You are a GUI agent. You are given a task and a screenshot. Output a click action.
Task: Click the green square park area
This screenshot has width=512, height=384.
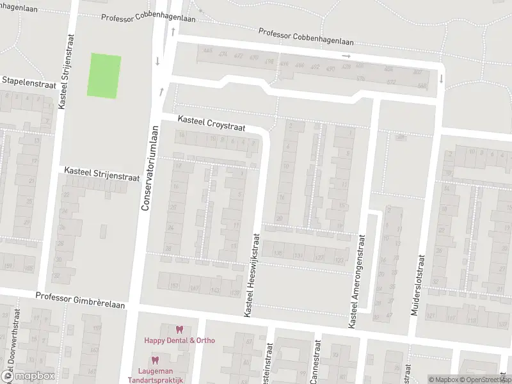tap(104, 76)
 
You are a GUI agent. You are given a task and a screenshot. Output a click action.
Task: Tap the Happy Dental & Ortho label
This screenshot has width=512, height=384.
tap(179, 340)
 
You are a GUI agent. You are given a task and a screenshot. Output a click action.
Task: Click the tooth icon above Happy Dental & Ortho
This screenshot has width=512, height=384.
tap(179, 330)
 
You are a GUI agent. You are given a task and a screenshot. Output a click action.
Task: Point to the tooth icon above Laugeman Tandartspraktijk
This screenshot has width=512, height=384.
tap(154, 360)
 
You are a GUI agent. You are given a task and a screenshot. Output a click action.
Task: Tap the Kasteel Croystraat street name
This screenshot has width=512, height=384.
tap(211, 123)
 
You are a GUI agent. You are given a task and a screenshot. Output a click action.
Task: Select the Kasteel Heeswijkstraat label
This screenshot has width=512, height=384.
tap(250, 273)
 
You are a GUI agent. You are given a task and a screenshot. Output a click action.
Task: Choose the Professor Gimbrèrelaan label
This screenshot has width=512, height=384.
tap(80, 297)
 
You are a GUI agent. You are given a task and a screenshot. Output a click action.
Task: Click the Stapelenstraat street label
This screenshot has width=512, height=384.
tap(29, 81)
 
